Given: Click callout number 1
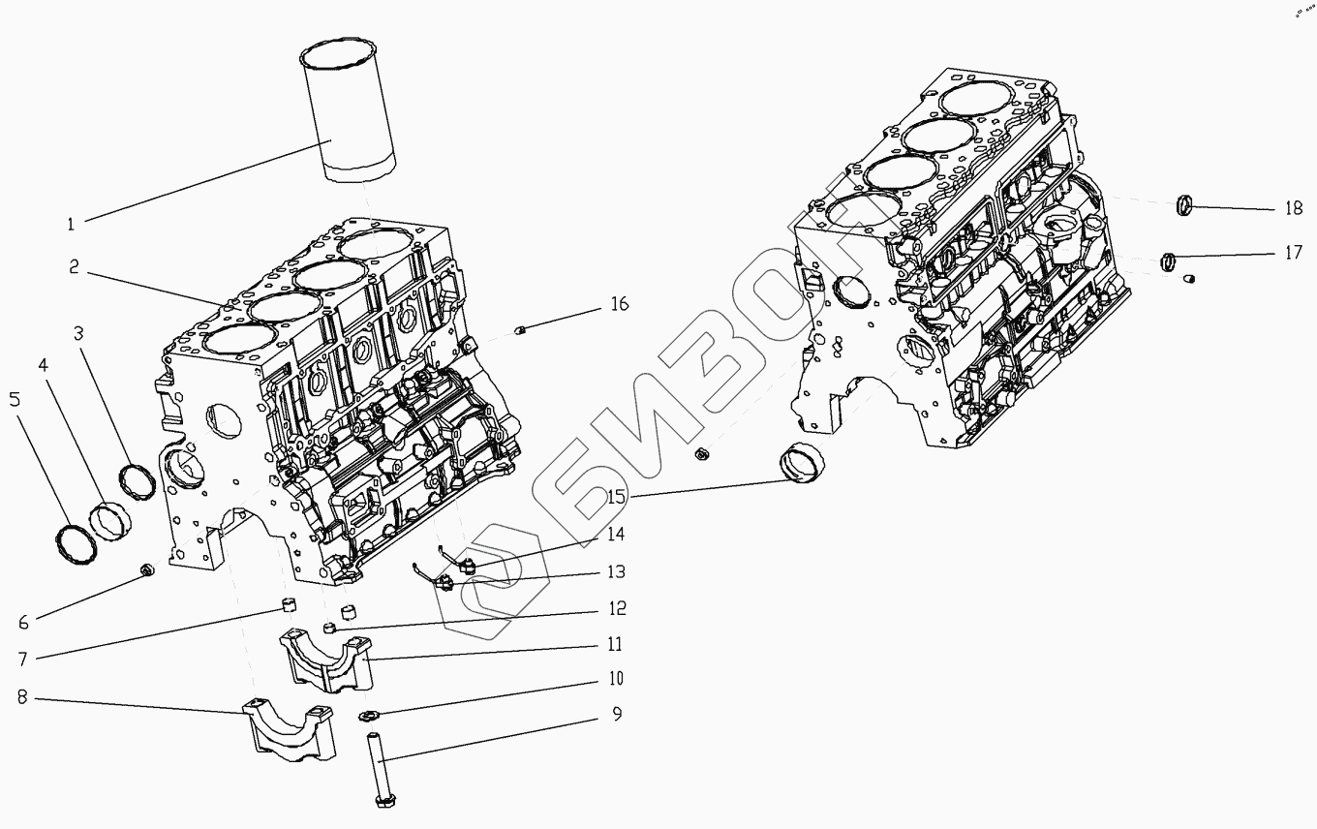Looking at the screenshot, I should click(71, 225).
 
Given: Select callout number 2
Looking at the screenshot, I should click(75, 267).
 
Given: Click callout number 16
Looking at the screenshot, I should click(619, 305).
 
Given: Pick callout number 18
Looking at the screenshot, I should click(1294, 207).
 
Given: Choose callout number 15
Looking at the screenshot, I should click(617, 498).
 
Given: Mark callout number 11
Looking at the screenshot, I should click(616, 644).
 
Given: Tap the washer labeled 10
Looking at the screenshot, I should click(368, 717).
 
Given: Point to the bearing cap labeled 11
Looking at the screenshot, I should click(324, 661).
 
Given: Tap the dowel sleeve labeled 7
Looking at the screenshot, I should click(287, 608).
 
